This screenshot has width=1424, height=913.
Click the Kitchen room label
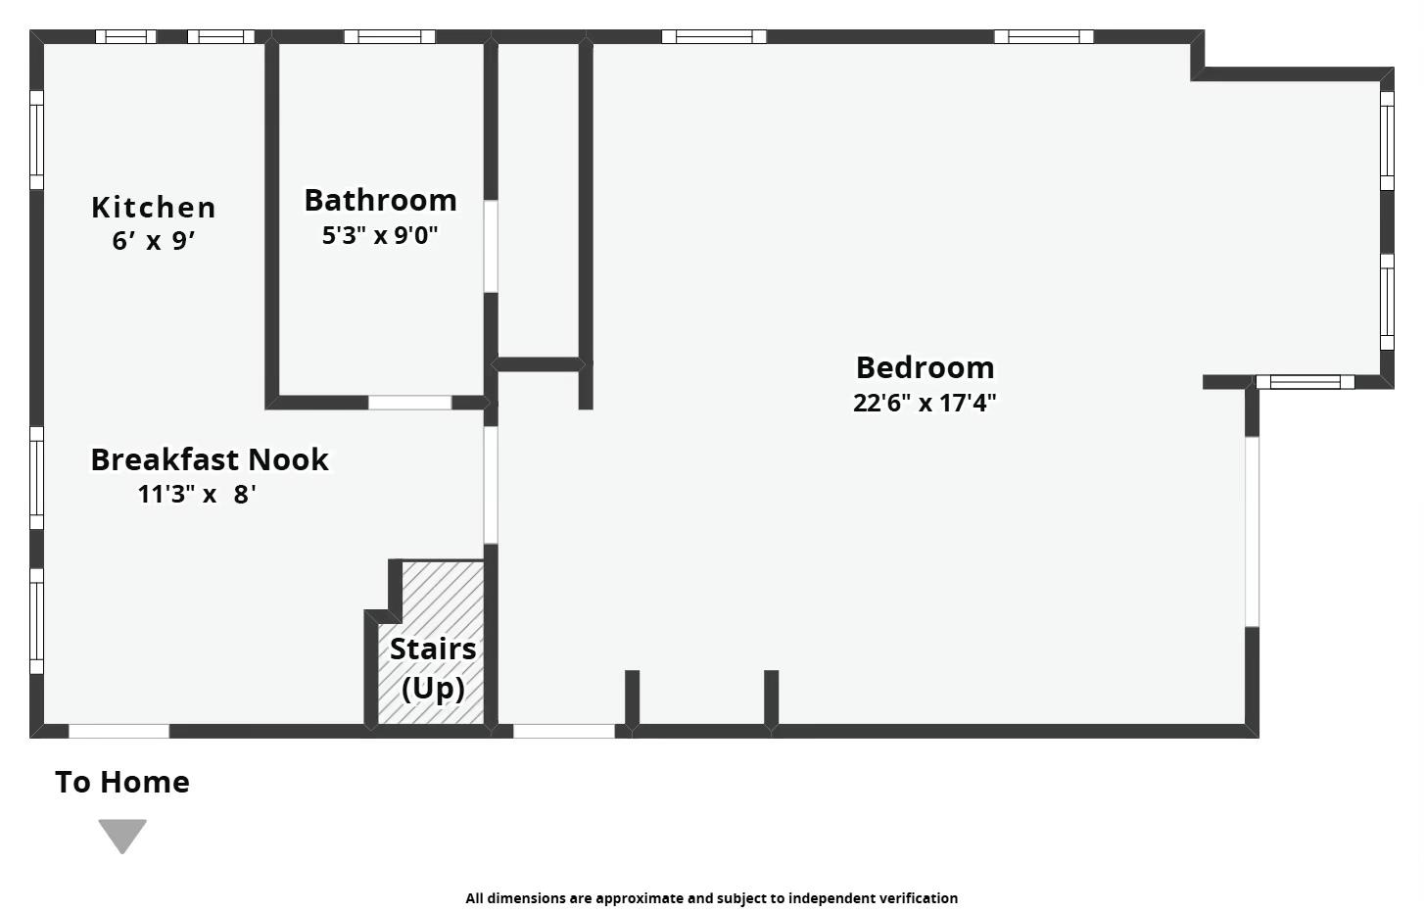click(154, 208)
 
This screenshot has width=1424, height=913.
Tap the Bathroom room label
click(380, 200)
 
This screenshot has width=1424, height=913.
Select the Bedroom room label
click(925, 367)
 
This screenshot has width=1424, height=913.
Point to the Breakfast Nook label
click(210, 459)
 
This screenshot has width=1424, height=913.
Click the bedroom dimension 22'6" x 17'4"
click(925, 403)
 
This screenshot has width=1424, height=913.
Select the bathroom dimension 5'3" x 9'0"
click(380, 235)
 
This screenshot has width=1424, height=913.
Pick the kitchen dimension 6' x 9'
click(154, 241)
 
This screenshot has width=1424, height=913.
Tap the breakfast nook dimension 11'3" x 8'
click(197, 494)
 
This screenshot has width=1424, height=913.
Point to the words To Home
click(122, 782)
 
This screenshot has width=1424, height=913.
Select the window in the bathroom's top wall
click(389, 37)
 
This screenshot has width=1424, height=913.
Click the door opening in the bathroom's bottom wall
click(409, 403)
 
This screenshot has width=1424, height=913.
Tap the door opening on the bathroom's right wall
click(491, 246)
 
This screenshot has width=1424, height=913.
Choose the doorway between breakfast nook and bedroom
click(491, 484)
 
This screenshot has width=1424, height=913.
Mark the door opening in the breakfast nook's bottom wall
click(119, 731)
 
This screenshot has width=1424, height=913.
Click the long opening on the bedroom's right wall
click(1252, 531)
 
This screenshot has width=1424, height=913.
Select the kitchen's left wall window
click(36, 140)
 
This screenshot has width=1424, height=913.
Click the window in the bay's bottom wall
click(1305, 382)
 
